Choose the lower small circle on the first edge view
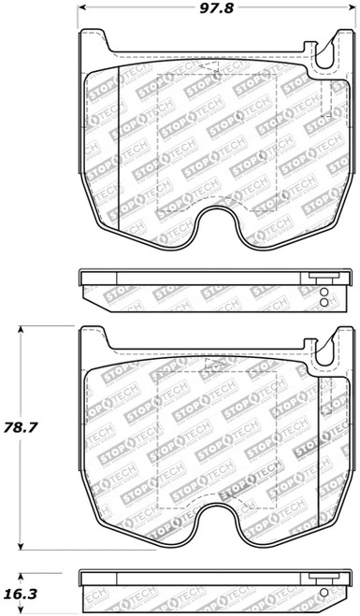pyautogui.click(x=324, y=302)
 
